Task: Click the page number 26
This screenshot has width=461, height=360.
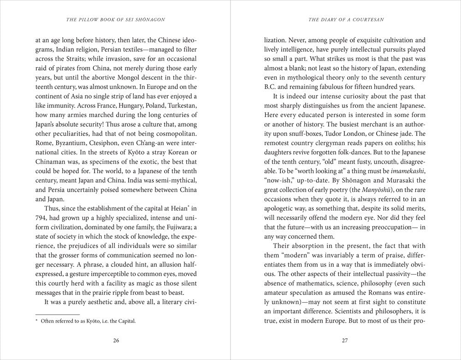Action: [x=116, y=341]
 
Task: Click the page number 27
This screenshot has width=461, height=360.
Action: [x=345, y=341]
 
